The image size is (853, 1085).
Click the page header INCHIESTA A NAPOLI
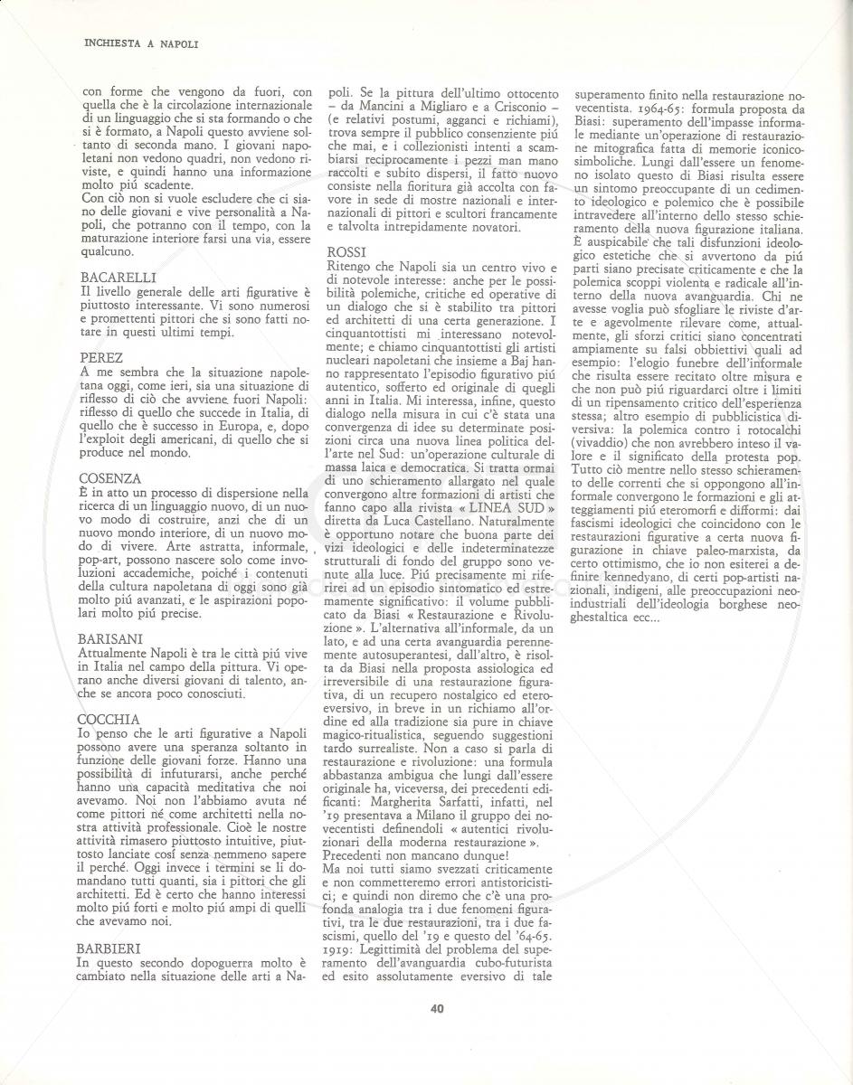(x=140, y=42)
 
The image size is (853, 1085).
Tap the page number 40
(x=437, y=1008)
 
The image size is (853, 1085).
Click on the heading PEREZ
(x=101, y=359)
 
